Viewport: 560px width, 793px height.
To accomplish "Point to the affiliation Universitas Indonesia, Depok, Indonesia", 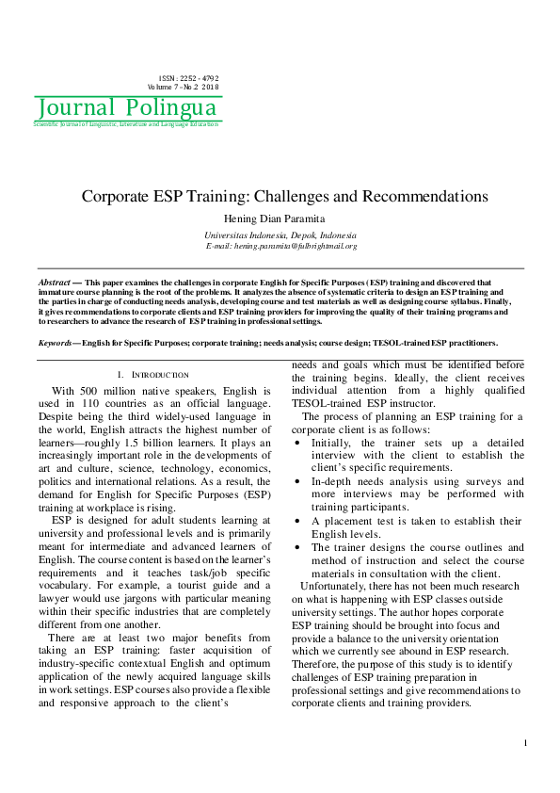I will [x=280, y=235].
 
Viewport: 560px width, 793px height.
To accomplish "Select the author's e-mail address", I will [x=280, y=246].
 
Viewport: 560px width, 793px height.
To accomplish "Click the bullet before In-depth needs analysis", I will [x=297, y=480].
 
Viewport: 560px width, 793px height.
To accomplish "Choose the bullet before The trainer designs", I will [x=297, y=546].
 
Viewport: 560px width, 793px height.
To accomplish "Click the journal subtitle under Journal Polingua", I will [x=126, y=124].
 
